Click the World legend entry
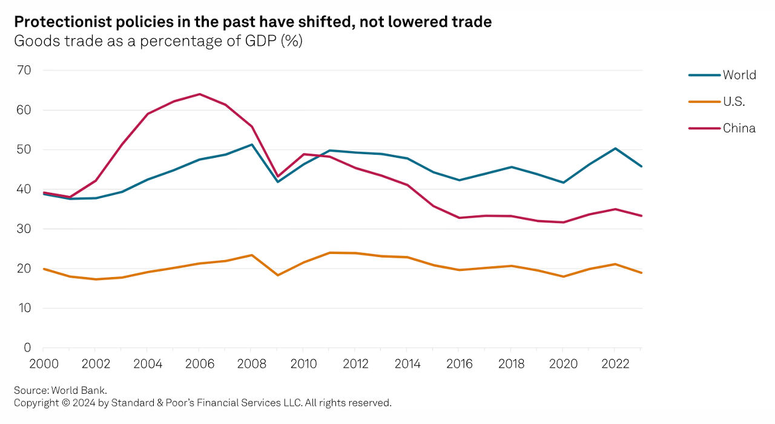click(739, 75)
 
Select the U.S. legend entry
click(734, 102)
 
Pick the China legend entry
click(739, 128)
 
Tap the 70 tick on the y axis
click(24, 70)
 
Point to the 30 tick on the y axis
click(24, 229)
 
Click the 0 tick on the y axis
click(27, 348)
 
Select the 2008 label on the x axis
click(251, 364)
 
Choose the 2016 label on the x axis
click(460, 364)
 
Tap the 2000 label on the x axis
click(43, 364)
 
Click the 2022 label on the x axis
click(615, 364)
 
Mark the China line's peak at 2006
click(199, 94)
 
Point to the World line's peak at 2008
click(251, 145)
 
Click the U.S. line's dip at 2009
click(277, 275)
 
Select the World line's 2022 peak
click(615, 148)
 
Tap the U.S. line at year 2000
click(44, 269)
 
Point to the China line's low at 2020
click(563, 222)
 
